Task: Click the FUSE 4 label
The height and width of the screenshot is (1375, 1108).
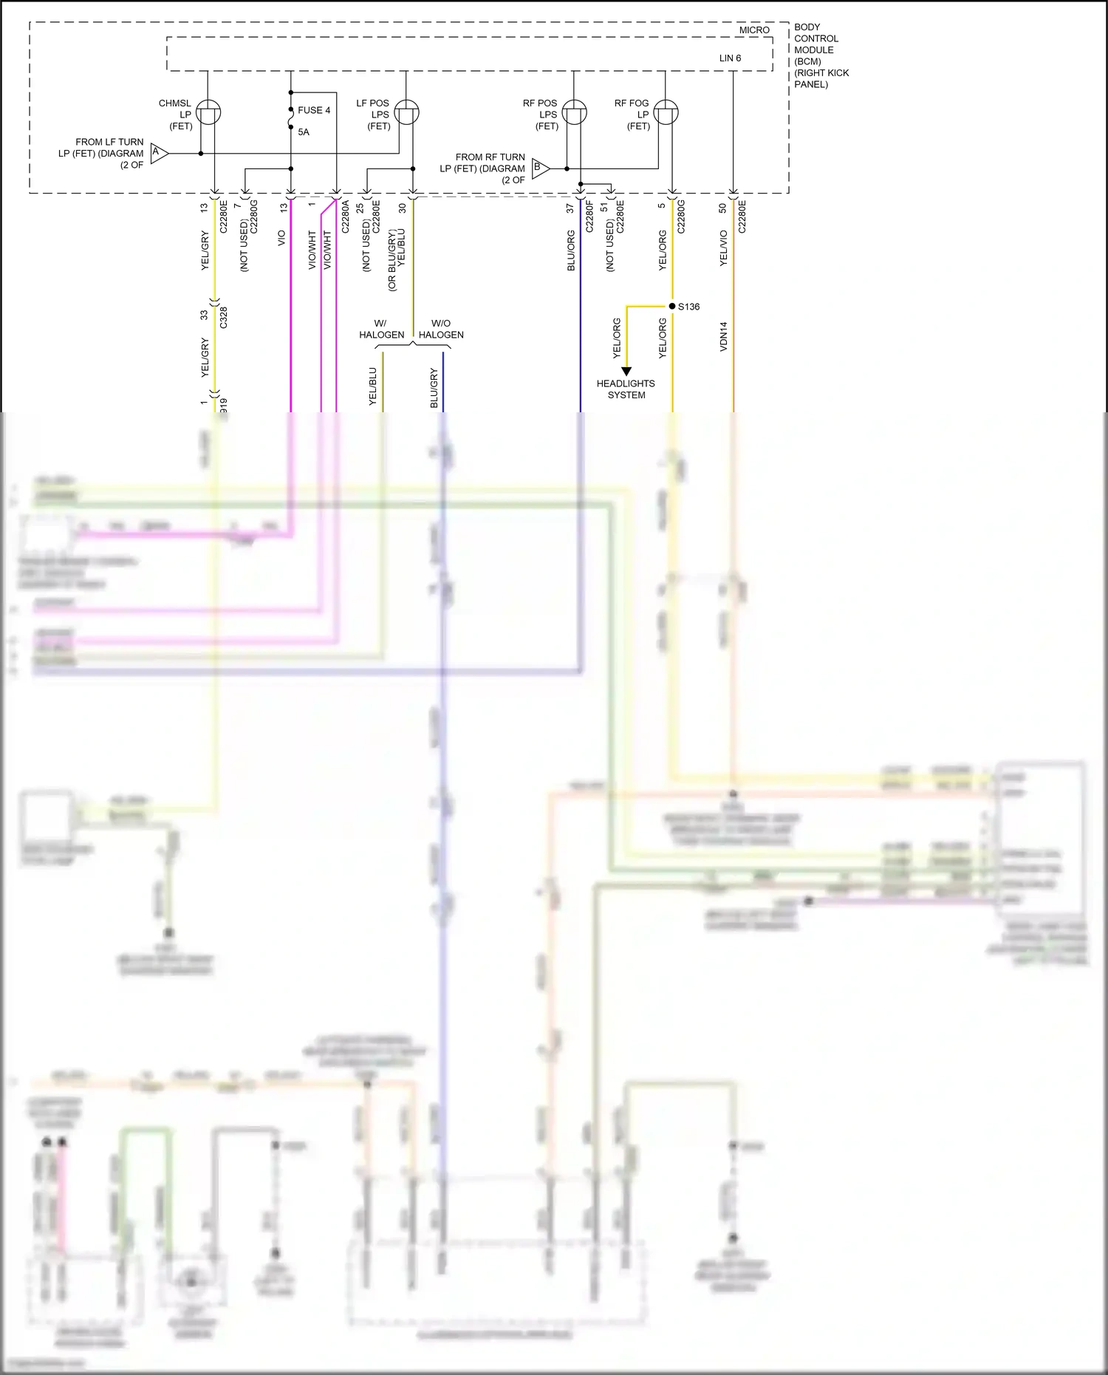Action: pos(314,110)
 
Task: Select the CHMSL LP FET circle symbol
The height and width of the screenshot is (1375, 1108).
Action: pos(209,112)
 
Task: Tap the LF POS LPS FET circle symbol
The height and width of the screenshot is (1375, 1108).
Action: pos(406,112)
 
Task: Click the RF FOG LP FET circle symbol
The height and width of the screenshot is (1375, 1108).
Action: pos(666,112)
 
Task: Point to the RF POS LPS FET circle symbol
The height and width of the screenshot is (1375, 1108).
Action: pos(574,112)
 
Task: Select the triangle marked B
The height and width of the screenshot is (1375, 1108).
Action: pos(540,168)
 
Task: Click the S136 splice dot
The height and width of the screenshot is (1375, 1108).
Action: pos(672,306)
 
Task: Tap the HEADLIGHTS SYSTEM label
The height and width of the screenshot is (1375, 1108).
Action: pos(626,389)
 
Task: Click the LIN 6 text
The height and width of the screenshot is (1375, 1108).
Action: pos(730,58)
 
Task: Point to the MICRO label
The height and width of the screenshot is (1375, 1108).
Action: pos(754,30)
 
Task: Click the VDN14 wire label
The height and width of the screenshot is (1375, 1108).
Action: pos(724,335)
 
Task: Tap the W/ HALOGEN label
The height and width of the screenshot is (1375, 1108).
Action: pos(381,329)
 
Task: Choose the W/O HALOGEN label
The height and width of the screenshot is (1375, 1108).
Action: pos(441,329)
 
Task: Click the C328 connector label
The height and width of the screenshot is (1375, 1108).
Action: pos(224,316)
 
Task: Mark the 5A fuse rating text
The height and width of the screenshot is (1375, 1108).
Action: pos(304,132)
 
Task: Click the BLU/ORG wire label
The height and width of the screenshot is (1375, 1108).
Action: pos(571,250)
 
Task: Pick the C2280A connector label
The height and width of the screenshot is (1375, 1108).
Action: pos(345,216)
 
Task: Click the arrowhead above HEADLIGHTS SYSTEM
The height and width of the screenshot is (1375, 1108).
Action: pos(626,372)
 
